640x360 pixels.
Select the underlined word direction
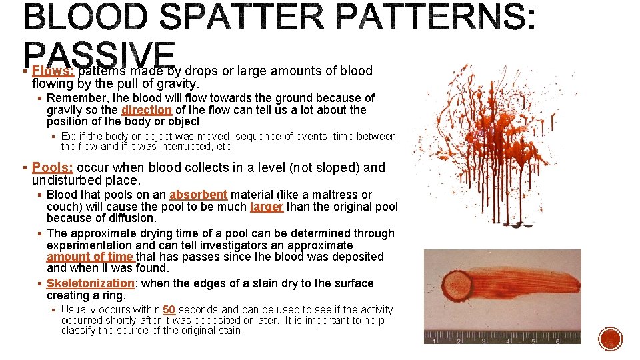(x=147, y=109)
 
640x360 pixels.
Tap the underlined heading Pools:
(x=53, y=167)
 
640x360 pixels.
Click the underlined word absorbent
(x=198, y=195)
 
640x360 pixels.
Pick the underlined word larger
(x=267, y=207)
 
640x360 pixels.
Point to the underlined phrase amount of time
(x=90, y=257)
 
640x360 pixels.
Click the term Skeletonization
(x=90, y=283)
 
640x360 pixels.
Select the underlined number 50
(x=169, y=309)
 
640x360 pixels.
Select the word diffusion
(x=131, y=218)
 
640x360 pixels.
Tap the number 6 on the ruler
(x=557, y=341)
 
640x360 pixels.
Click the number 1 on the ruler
(x=434, y=341)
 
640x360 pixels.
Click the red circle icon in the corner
(x=609, y=339)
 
